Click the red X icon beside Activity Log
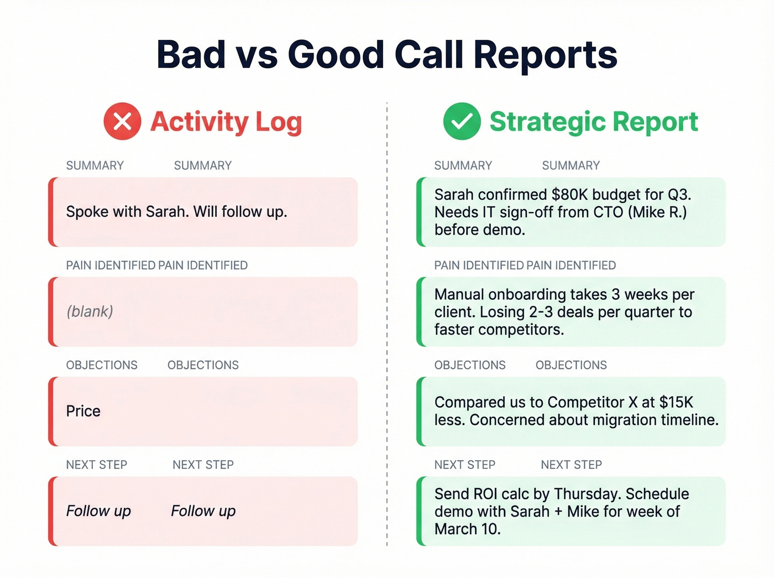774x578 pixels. click(x=122, y=121)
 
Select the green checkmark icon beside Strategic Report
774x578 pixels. click(x=462, y=121)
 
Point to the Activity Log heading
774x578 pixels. click(x=226, y=122)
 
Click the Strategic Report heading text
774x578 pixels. click(x=593, y=122)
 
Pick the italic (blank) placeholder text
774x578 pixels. click(x=90, y=311)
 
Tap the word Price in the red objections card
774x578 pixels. click(x=83, y=411)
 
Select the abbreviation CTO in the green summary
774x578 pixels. click(x=607, y=212)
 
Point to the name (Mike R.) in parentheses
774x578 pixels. click(x=657, y=212)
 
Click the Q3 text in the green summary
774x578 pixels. click(x=678, y=195)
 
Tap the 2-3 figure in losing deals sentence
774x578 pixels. click(x=541, y=312)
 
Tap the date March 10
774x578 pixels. click(x=467, y=529)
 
